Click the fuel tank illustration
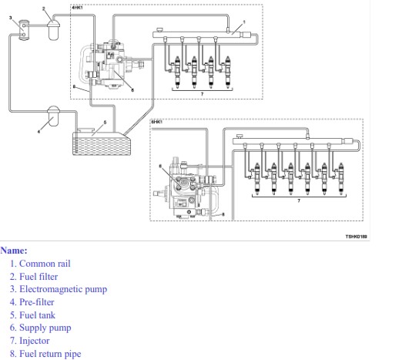[x=102, y=142]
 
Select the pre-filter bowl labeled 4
[x=53, y=116]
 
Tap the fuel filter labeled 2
[x=54, y=30]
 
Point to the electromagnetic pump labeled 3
[x=24, y=29]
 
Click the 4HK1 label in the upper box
[x=77, y=8]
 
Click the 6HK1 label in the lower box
[x=157, y=122]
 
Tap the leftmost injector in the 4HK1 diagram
[x=177, y=72]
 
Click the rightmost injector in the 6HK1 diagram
[x=341, y=179]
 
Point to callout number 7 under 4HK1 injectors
[x=202, y=94]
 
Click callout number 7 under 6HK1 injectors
[x=299, y=200]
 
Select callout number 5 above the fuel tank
[x=105, y=123]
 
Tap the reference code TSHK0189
[x=356, y=237]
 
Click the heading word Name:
[x=14, y=251]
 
